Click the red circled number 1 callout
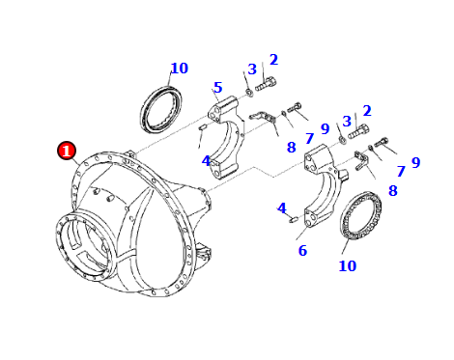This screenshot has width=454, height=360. (x=67, y=151)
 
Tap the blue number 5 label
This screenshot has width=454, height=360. (x=218, y=87)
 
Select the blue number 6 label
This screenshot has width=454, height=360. (x=302, y=250)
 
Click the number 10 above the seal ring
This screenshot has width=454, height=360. (x=179, y=69)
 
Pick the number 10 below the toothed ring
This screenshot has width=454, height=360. (x=348, y=265)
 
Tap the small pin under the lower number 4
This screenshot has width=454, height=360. (x=294, y=220)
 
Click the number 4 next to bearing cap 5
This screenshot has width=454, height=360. (x=206, y=160)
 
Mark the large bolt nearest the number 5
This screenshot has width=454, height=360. (x=266, y=84)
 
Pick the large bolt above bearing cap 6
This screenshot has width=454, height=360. (x=358, y=131)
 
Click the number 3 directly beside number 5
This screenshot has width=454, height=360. (x=252, y=69)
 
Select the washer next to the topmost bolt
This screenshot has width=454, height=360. (x=249, y=93)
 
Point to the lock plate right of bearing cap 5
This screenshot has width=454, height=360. (x=263, y=117)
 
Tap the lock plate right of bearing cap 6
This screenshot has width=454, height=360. (x=361, y=159)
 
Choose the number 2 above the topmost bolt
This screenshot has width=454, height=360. (x=273, y=60)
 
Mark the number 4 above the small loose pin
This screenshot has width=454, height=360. (x=282, y=208)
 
